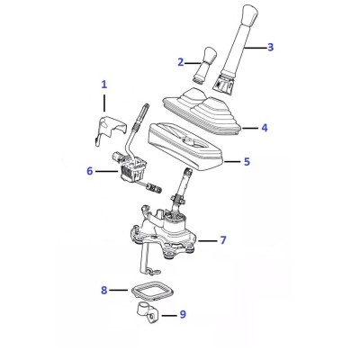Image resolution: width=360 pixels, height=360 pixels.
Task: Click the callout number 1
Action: click(x=103, y=85)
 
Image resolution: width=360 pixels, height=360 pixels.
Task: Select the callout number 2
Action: click(x=180, y=62)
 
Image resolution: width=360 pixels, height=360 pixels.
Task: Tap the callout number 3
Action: click(x=270, y=47)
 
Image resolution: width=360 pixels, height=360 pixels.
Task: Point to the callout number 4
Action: click(x=265, y=128)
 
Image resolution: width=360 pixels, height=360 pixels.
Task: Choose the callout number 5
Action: click(x=247, y=162)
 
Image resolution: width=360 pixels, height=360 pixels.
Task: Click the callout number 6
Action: click(x=90, y=171)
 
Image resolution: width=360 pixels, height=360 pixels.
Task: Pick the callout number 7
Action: click(x=223, y=240)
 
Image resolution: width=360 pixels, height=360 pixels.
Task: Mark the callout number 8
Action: click(x=103, y=290)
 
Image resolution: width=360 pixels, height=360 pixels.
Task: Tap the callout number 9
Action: click(x=183, y=314)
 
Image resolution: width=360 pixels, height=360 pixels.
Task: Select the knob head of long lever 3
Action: click(x=249, y=15)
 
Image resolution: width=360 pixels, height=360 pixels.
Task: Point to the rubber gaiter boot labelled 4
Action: click(x=202, y=110)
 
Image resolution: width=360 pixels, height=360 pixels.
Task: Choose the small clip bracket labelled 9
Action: click(x=148, y=314)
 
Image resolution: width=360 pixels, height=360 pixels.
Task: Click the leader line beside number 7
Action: click(x=207, y=240)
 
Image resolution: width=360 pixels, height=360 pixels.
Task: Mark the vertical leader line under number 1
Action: click(x=104, y=103)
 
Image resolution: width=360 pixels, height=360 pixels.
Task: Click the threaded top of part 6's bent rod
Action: click(x=143, y=112)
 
